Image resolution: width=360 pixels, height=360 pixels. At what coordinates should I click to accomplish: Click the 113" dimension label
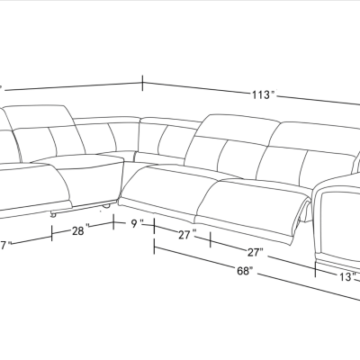[x=263, y=94]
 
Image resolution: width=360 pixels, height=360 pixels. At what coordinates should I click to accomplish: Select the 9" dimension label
[x=138, y=224]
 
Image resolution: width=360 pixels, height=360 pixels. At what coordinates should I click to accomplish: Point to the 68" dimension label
[x=243, y=269]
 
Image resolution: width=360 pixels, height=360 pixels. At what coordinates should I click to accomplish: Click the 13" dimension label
[x=335, y=277]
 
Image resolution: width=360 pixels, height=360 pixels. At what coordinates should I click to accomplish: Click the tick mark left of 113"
[x=143, y=84]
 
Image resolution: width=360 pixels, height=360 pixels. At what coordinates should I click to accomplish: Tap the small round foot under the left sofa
[x=55, y=213]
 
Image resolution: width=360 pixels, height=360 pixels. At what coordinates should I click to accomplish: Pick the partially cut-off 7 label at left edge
[x=4, y=245]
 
